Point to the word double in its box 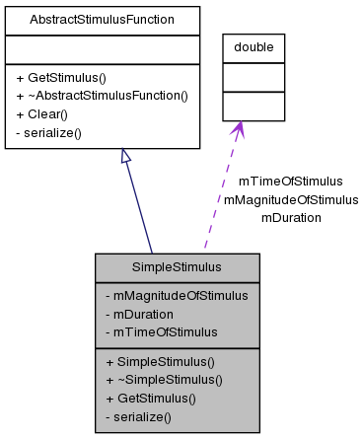click(254, 46)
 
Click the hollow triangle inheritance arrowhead click(126, 157)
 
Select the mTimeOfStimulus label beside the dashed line click(291, 182)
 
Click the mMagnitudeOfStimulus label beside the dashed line click(291, 199)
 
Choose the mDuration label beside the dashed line click(291, 217)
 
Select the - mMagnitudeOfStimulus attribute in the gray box click(177, 295)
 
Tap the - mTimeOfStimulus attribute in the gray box click(161, 330)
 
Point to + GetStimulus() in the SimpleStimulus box click(151, 398)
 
